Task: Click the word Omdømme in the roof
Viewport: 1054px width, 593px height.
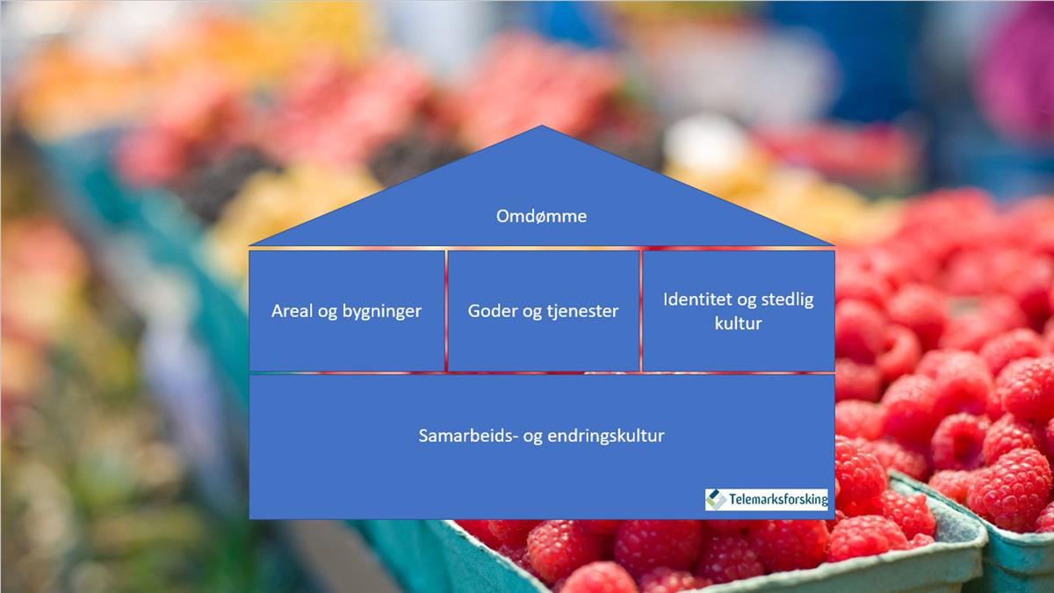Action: point(542,216)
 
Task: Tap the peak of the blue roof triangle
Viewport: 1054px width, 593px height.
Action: point(542,126)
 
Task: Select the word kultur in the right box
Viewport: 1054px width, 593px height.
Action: point(739,323)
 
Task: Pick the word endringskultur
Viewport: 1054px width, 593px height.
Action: point(607,437)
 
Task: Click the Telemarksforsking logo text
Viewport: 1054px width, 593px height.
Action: point(778,499)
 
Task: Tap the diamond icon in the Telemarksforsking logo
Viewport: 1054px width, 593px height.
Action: point(716,499)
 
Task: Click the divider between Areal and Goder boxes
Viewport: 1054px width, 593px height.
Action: point(446,311)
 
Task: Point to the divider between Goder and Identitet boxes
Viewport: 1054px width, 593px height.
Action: point(641,311)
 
